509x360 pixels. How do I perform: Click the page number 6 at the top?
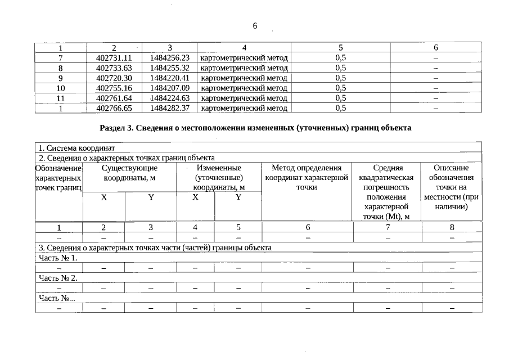(x=255, y=26)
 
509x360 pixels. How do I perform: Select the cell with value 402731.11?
(x=114, y=57)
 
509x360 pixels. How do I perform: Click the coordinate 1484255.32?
(x=170, y=67)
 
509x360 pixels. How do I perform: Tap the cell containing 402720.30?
(x=114, y=78)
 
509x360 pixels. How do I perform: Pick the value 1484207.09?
(x=170, y=88)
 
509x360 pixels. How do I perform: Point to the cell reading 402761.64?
(x=114, y=98)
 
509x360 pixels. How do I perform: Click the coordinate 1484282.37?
(x=170, y=108)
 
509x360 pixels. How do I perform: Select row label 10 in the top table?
(x=61, y=88)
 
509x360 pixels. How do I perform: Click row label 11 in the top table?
(x=61, y=98)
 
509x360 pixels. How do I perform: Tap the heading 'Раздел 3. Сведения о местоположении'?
(x=255, y=128)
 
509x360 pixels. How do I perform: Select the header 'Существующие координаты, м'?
(x=129, y=173)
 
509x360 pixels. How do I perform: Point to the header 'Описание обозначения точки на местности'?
(x=451, y=187)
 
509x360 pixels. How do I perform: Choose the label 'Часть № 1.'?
(x=57, y=258)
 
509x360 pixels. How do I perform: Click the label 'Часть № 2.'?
(x=57, y=278)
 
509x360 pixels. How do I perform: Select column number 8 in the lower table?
(x=452, y=227)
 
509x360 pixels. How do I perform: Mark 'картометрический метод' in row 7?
(x=244, y=57)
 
